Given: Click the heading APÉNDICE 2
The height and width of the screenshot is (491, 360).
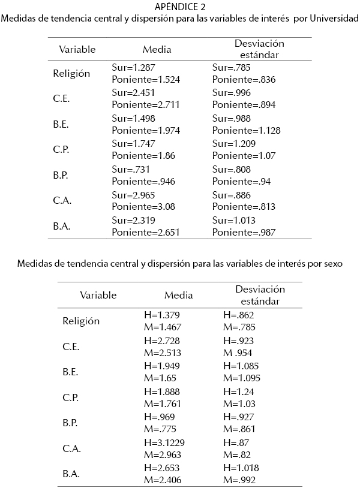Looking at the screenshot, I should coord(179,7).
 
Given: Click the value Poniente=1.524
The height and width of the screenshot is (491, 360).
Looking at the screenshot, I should coord(146,79).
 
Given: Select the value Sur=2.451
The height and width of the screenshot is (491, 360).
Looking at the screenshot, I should coord(134,92).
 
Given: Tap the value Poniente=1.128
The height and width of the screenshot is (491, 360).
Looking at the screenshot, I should coord(246,130).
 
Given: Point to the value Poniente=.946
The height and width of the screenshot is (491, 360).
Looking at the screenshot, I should coord(143,181).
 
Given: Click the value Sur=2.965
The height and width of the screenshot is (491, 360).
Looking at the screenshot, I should coord(134,194).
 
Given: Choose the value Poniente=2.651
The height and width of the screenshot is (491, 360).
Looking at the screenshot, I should coord(146,232).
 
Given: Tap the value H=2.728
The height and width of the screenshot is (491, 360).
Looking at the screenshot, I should coord(162,339).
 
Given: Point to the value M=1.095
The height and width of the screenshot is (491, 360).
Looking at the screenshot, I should coord(242,378).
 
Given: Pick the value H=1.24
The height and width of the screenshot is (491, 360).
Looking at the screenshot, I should coord(237,391).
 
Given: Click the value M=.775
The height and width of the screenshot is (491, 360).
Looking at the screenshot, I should coord(160,429).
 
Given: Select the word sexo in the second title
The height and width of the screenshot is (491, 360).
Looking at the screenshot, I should coord(331,263).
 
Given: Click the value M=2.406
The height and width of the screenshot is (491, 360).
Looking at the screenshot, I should coord(163,480).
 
